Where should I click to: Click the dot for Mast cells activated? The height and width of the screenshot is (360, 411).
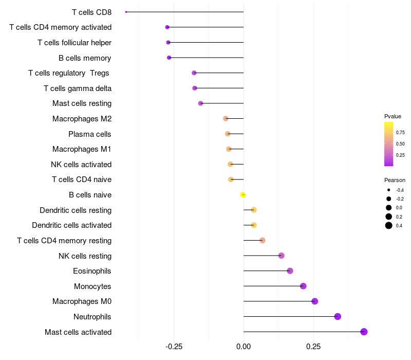point(364,332)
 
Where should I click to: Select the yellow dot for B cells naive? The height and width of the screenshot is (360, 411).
point(242,195)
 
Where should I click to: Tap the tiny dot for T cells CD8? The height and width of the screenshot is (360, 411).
point(126,12)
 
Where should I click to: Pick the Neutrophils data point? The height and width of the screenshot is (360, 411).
point(338,316)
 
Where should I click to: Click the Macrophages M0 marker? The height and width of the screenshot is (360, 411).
point(315,301)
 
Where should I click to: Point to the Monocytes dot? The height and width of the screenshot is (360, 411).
point(303,286)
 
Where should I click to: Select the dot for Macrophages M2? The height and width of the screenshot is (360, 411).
point(226,119)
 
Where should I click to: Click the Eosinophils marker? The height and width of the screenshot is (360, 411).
point(290,271)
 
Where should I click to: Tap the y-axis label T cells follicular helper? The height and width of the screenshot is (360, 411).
point(74,43)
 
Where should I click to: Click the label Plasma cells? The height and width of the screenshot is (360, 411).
point(89,134)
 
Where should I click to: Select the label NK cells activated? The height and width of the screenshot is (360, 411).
point(81,165)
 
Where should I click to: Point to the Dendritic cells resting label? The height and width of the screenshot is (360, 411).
point(76,210)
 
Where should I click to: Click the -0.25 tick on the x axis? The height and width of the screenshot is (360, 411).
point(174,347)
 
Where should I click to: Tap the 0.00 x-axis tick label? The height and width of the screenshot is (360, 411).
point(244,347)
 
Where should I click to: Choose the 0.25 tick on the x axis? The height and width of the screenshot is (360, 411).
point(313,347)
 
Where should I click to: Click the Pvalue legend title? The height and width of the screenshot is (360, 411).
point(393,116)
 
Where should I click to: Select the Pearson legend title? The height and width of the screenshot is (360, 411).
point(395,180)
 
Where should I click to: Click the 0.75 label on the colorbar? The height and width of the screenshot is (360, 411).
point(400,133)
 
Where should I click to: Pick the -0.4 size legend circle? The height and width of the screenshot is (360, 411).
point(388,190)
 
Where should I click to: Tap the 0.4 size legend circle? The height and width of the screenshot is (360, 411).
point(389,225)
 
